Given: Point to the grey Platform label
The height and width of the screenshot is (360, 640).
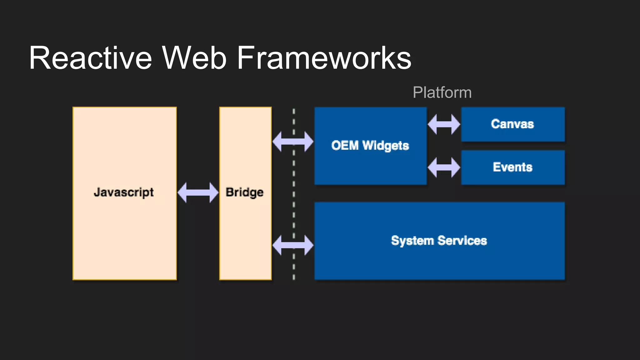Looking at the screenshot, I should pyautogui.click(x=442, y=92).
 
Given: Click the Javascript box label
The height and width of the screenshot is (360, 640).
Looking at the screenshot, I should pyautogui.click(x=124, y=192).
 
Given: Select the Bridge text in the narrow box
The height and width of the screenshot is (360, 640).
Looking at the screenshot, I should pyautogui.click(x=245, y=192).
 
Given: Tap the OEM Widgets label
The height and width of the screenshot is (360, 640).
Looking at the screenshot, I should pyautogui.click(x=370, y=146).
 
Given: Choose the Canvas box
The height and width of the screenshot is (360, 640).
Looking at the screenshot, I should pyautogui.click(x=512, y=124).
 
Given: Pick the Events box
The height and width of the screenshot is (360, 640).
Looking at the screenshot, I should pyautogui.click(x=512, y=167).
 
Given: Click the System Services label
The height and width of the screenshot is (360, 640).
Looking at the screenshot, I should pyautogui.click(x=439, y=241).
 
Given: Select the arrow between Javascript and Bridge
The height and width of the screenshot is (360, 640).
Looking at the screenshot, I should pyautogui.click(x=198, y=192).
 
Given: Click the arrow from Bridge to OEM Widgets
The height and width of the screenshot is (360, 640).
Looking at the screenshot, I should pyautogui.click(x=293, y=142).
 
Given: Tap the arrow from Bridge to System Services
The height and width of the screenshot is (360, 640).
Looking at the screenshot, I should pyautogui.click(x=293, y=245).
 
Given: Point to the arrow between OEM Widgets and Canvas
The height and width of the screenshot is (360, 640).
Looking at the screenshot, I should pyautogui.click(x=444, y=124).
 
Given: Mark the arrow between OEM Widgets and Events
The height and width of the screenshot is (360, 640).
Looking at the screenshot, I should pyautogui.click(x=444, y=167).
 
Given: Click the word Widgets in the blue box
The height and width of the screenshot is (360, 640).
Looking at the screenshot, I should pyautogui.click(x=386, y=146).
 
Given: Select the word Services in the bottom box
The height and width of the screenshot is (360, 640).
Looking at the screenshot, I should pyautogui.click(x=462, y=241).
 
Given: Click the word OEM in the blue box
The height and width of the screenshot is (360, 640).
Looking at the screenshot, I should pyautogui.click(x=345, y=146).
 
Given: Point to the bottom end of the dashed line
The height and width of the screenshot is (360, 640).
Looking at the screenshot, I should pyautogui.click(x=293, y=277).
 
